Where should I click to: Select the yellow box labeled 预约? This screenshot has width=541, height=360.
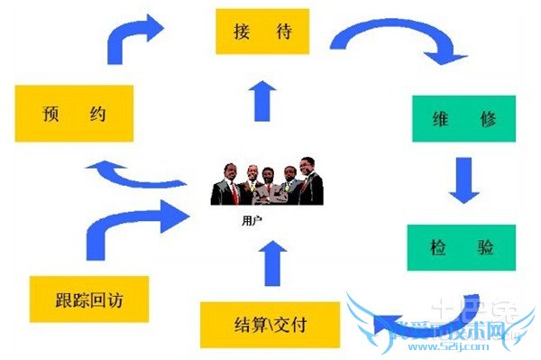(75, 115)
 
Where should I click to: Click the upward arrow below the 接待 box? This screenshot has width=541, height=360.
(261, 99)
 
